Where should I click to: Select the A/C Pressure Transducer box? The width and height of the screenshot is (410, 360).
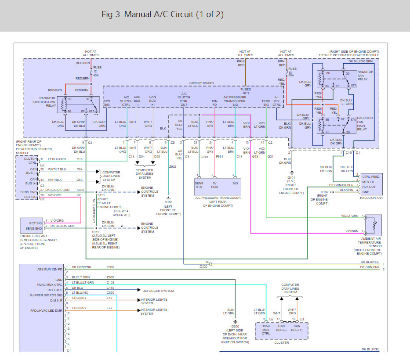[x=218, y=187]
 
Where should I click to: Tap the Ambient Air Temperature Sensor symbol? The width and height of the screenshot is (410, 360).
[x=374, y=225]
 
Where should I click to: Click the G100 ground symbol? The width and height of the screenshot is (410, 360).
[x=168, y=198]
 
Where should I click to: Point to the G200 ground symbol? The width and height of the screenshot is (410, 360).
[x=235, y=322]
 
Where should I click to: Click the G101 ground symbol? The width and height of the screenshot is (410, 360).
[x=292, y=173]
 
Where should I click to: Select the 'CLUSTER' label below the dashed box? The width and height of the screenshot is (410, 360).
[x=282, y=342]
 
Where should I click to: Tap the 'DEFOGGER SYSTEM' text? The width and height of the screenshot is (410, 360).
[x=158, y=291]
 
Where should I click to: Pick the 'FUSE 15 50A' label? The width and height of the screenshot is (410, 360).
[x=292, y=72]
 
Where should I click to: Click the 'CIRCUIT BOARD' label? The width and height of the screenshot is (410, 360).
[x=201, y=83]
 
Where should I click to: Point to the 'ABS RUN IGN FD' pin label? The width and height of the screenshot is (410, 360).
[x=50, y=270]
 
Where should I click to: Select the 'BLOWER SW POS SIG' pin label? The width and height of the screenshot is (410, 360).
[x=46, y=295]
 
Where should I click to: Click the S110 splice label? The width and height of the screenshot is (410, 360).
[x=101, y=195]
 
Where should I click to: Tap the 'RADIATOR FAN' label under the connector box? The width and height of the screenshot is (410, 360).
[x=371, y=198]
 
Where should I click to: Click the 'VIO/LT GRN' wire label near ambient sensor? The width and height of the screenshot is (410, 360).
[x=350, y=216]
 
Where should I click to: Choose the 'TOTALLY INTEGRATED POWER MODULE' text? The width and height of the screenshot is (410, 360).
[x=348, y=55]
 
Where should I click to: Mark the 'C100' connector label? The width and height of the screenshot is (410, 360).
[x=203, y=266]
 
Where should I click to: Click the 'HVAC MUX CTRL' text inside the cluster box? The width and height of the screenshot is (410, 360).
[x=266, y=330]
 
